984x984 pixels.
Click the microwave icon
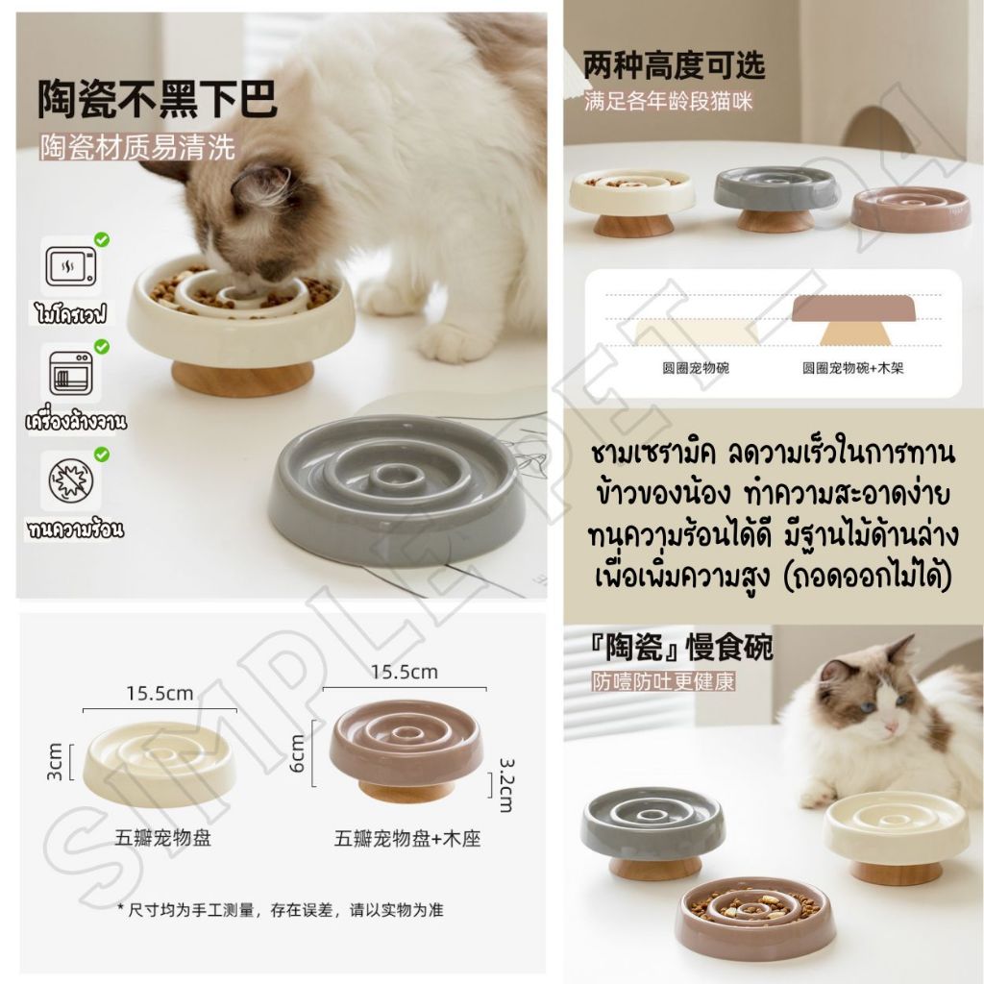coord(71,266)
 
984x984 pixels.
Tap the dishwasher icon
coord(70,374)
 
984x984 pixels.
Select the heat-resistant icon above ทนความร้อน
coord(71,480)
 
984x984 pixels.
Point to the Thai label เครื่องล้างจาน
coord(75,421)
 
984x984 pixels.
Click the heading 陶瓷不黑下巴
coord(157,99)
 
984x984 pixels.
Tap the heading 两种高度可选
coord(674,65)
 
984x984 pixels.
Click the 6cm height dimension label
coord(298,753)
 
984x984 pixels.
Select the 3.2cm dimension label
coord(505,784)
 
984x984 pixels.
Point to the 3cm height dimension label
coord(54,762)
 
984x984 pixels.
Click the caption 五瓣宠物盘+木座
coord(406,838)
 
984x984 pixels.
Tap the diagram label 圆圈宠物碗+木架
coord(853,368)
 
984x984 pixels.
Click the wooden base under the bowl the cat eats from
coord(242,379)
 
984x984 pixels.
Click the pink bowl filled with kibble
coord(759,917)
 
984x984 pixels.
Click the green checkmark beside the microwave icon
coord(102,239)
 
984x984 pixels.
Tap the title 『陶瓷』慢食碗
coord(682,649)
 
